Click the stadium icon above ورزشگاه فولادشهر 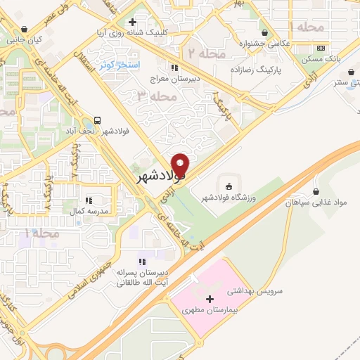coord(228,186)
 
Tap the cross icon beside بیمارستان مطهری coord(209,300)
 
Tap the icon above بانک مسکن coord(321,48)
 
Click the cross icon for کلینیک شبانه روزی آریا coord(133,22)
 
